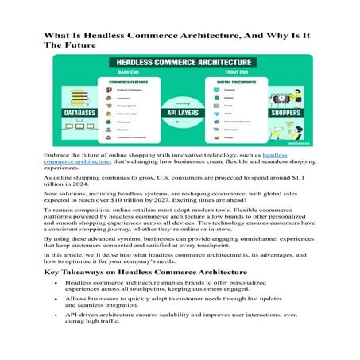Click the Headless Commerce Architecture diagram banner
point(180,61)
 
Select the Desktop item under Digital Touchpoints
point(230,90)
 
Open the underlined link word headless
point(275,155)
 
